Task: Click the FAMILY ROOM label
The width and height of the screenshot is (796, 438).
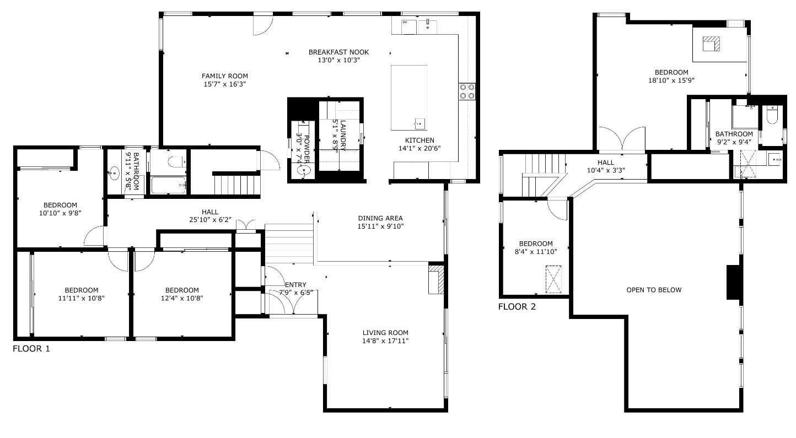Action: tap(224, 76)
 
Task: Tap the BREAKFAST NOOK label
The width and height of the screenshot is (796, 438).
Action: tap(338, 52)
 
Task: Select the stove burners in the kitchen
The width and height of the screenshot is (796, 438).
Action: tap(467, 91)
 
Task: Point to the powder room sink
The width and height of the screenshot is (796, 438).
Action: tap(303, 171)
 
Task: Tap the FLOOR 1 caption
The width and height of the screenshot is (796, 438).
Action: tap(31, 349)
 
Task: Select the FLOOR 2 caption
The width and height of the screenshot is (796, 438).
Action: tap(517, 307)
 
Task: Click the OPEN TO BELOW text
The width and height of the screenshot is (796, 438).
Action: tap(654, 290)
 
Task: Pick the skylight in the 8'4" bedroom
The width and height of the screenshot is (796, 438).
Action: tap(553, 279)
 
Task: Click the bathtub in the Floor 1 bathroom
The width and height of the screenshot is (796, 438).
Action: tap(169, 185)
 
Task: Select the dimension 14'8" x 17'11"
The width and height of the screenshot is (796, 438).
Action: tap(385, 341)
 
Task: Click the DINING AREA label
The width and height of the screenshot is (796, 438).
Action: tap(380, 218)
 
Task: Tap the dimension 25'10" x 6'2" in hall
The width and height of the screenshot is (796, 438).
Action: tap(209, 220)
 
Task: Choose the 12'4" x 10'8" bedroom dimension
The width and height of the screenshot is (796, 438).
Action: tap(182, 299)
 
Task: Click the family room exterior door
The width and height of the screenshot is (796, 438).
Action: tap(263, 25)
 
